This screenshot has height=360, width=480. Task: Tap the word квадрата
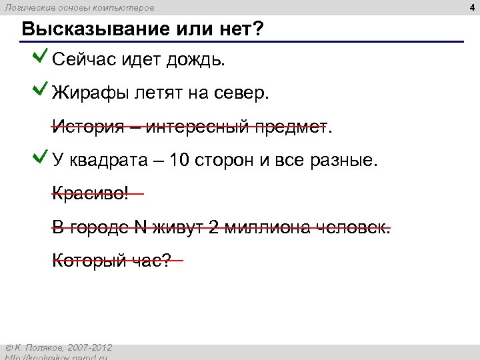[x=101, y=161]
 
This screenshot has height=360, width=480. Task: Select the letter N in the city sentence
[x=141, y=227]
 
